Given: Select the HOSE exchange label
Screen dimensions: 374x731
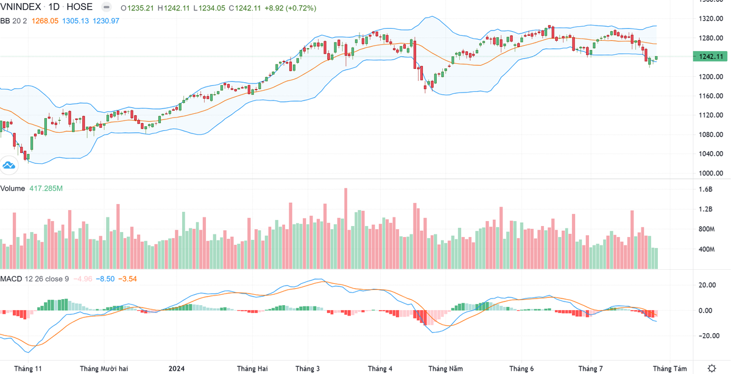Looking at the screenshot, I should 81,7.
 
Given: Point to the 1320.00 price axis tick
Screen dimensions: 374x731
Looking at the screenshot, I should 712,19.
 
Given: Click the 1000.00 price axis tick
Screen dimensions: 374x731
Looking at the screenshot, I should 712,173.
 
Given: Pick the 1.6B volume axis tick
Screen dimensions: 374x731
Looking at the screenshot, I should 706,189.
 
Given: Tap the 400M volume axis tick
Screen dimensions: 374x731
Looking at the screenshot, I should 707,249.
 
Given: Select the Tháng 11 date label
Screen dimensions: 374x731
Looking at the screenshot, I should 28,369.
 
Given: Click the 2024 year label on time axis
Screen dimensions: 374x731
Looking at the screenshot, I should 177,369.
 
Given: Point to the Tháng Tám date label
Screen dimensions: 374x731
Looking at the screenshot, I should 669,369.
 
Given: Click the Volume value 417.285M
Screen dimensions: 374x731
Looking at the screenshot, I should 46,189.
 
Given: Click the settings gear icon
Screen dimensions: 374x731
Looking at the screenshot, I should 712,368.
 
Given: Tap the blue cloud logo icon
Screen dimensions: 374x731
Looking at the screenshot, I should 9,164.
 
